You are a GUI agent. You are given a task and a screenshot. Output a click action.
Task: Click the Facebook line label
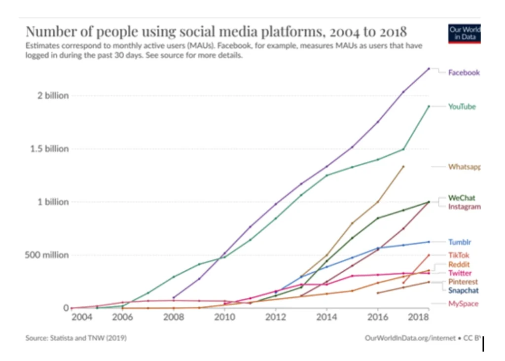click(463, 72)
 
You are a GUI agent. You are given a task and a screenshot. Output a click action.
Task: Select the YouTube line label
click(462, 107)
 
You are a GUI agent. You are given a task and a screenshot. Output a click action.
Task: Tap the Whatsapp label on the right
click(464, 167)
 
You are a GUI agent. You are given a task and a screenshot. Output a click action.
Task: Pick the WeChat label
click(462, 198)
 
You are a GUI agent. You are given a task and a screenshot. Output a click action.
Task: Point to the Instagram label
click(464, 207)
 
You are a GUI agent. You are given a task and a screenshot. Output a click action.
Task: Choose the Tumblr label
click(459, 242)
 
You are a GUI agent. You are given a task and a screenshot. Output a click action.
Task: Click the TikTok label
click(459, 255)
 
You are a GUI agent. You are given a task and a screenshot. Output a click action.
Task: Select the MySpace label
click(463, 303)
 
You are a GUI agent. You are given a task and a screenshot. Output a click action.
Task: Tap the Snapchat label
click(463, 290)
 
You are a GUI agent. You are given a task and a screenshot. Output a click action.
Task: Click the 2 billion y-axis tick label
click(53, 96)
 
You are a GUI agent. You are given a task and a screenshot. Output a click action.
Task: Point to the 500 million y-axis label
click(48, 255)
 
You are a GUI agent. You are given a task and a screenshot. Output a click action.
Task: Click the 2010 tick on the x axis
click(224, 317)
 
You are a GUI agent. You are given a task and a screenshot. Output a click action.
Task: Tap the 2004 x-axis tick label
click(82, 317)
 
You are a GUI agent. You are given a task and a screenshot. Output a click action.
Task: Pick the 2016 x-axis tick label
click(378, 317)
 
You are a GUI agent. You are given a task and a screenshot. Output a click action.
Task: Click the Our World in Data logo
click(464, 33)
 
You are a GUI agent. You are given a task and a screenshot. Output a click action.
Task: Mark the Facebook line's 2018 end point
click(429, 69)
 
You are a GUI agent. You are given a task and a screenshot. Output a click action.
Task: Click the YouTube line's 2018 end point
click(429, 106)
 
